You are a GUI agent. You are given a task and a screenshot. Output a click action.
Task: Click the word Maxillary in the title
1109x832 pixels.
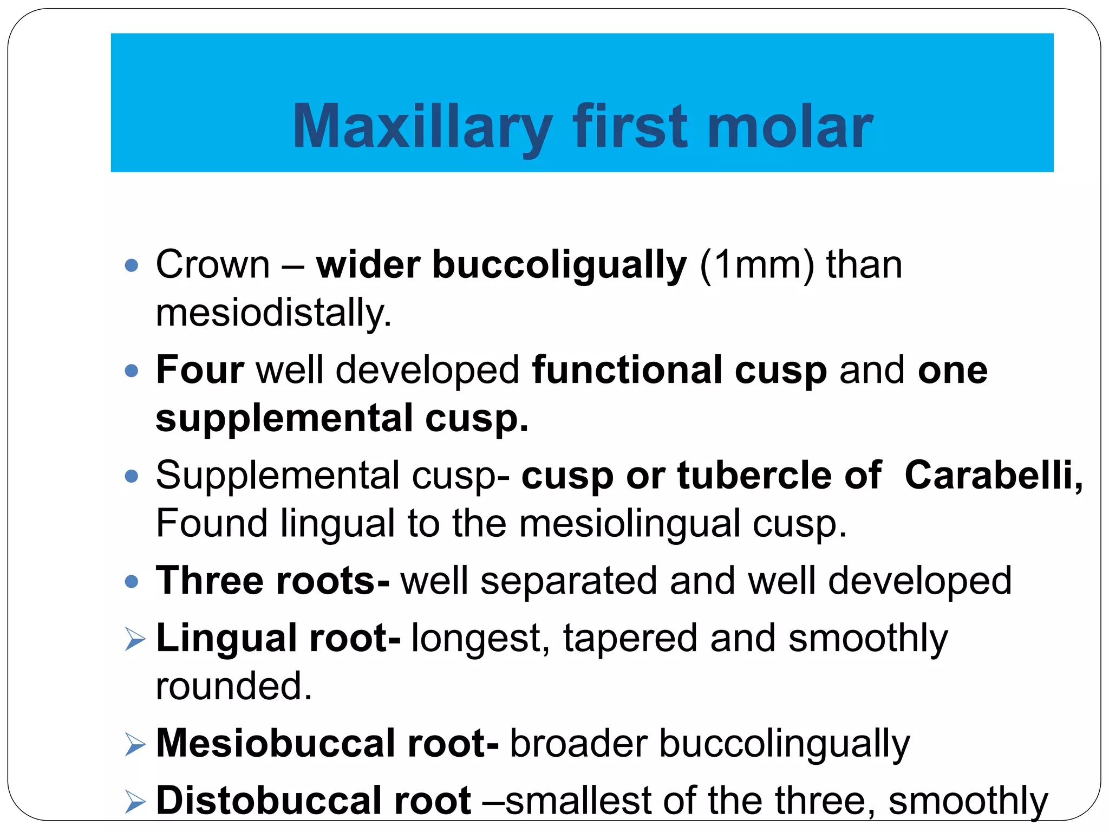click(x=421, y=127)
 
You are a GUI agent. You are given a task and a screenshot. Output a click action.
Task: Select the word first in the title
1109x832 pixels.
click(x=630, y=127)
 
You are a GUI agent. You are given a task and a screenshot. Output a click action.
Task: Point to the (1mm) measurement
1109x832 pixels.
click(x=756, y=265)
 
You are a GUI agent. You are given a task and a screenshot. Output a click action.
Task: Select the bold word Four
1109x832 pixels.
click(x=200, y=370)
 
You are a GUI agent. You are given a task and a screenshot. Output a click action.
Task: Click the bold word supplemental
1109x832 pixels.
click(x=285, y=419)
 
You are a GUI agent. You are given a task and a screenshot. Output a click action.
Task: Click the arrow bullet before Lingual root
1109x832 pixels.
click(x=135, y=639)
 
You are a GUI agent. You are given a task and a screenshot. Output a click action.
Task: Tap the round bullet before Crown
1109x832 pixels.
click(x=132, y=265)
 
